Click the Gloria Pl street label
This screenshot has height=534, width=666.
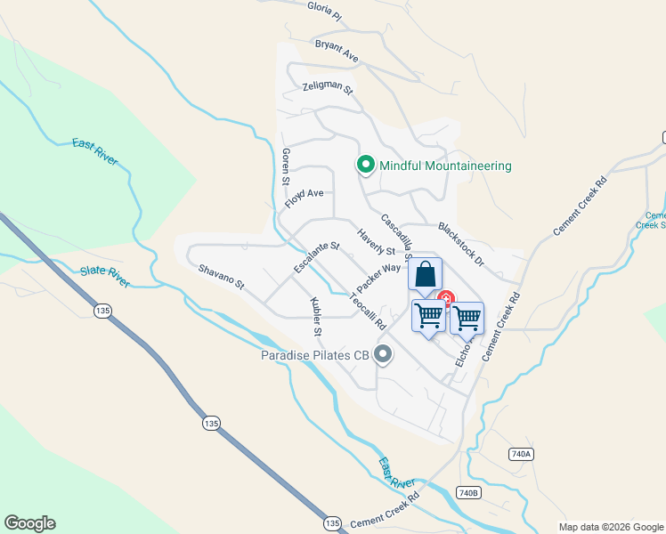pyautogui.click(x=324, y=10)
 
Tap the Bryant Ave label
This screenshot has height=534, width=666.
pyautogui.click(x=337, y=52)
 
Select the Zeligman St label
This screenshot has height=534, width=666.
pyautogui.click(x=328, y=88)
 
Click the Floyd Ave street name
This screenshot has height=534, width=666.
pyautogui.click(x=304, y=198)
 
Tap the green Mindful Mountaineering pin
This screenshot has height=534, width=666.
pyautogui.click(x=365, y=165)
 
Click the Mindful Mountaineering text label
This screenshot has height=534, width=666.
pyautogui.click(x=445, y=166)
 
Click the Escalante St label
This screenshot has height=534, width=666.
pyautogui.click(x=317, y=258)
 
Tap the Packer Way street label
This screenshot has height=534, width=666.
pyautogui.click(x=378, y=278)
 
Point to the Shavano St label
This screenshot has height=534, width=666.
pyautogui.click(x=221, y=275)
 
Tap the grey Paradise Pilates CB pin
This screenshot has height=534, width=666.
pyautogui.click(x=384, y=355)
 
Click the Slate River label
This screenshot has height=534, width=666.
pyautogui.click(x=105, y=277)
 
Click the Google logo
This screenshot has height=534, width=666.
pyautogui.click(x=29, y=523)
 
